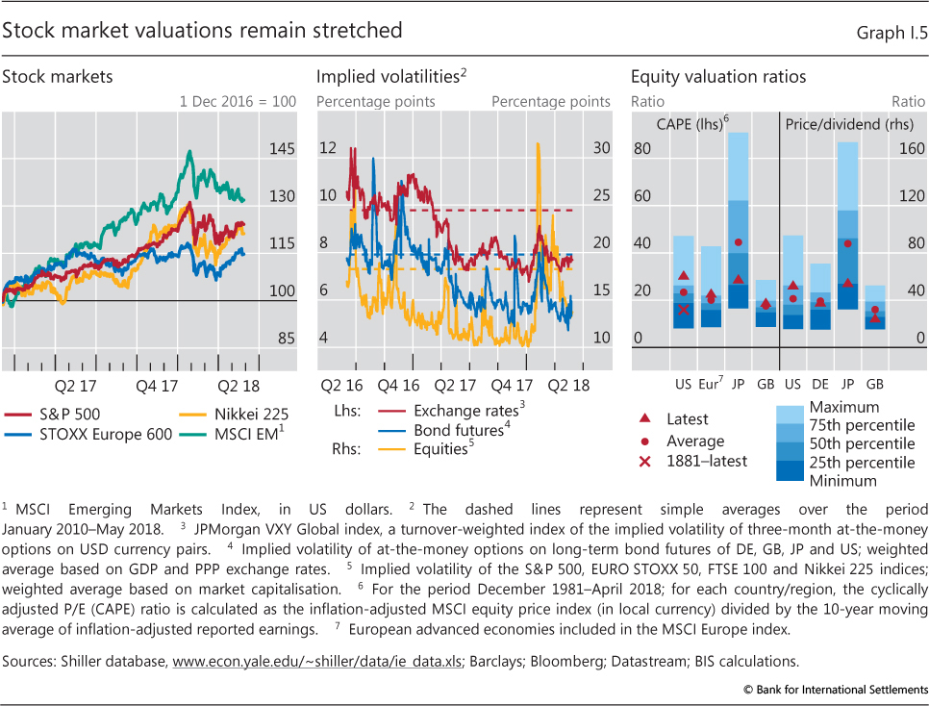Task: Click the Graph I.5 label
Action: tap(891, 32)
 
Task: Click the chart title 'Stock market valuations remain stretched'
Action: tap(202, 30)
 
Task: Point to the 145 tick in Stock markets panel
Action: tap(282, 149)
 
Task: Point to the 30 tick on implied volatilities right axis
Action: tap(601, 148)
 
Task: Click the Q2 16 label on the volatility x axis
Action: tap(337, 387)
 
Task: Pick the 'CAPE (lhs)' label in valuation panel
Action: tap(691, 124)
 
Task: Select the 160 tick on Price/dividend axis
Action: tap(912, 149)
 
